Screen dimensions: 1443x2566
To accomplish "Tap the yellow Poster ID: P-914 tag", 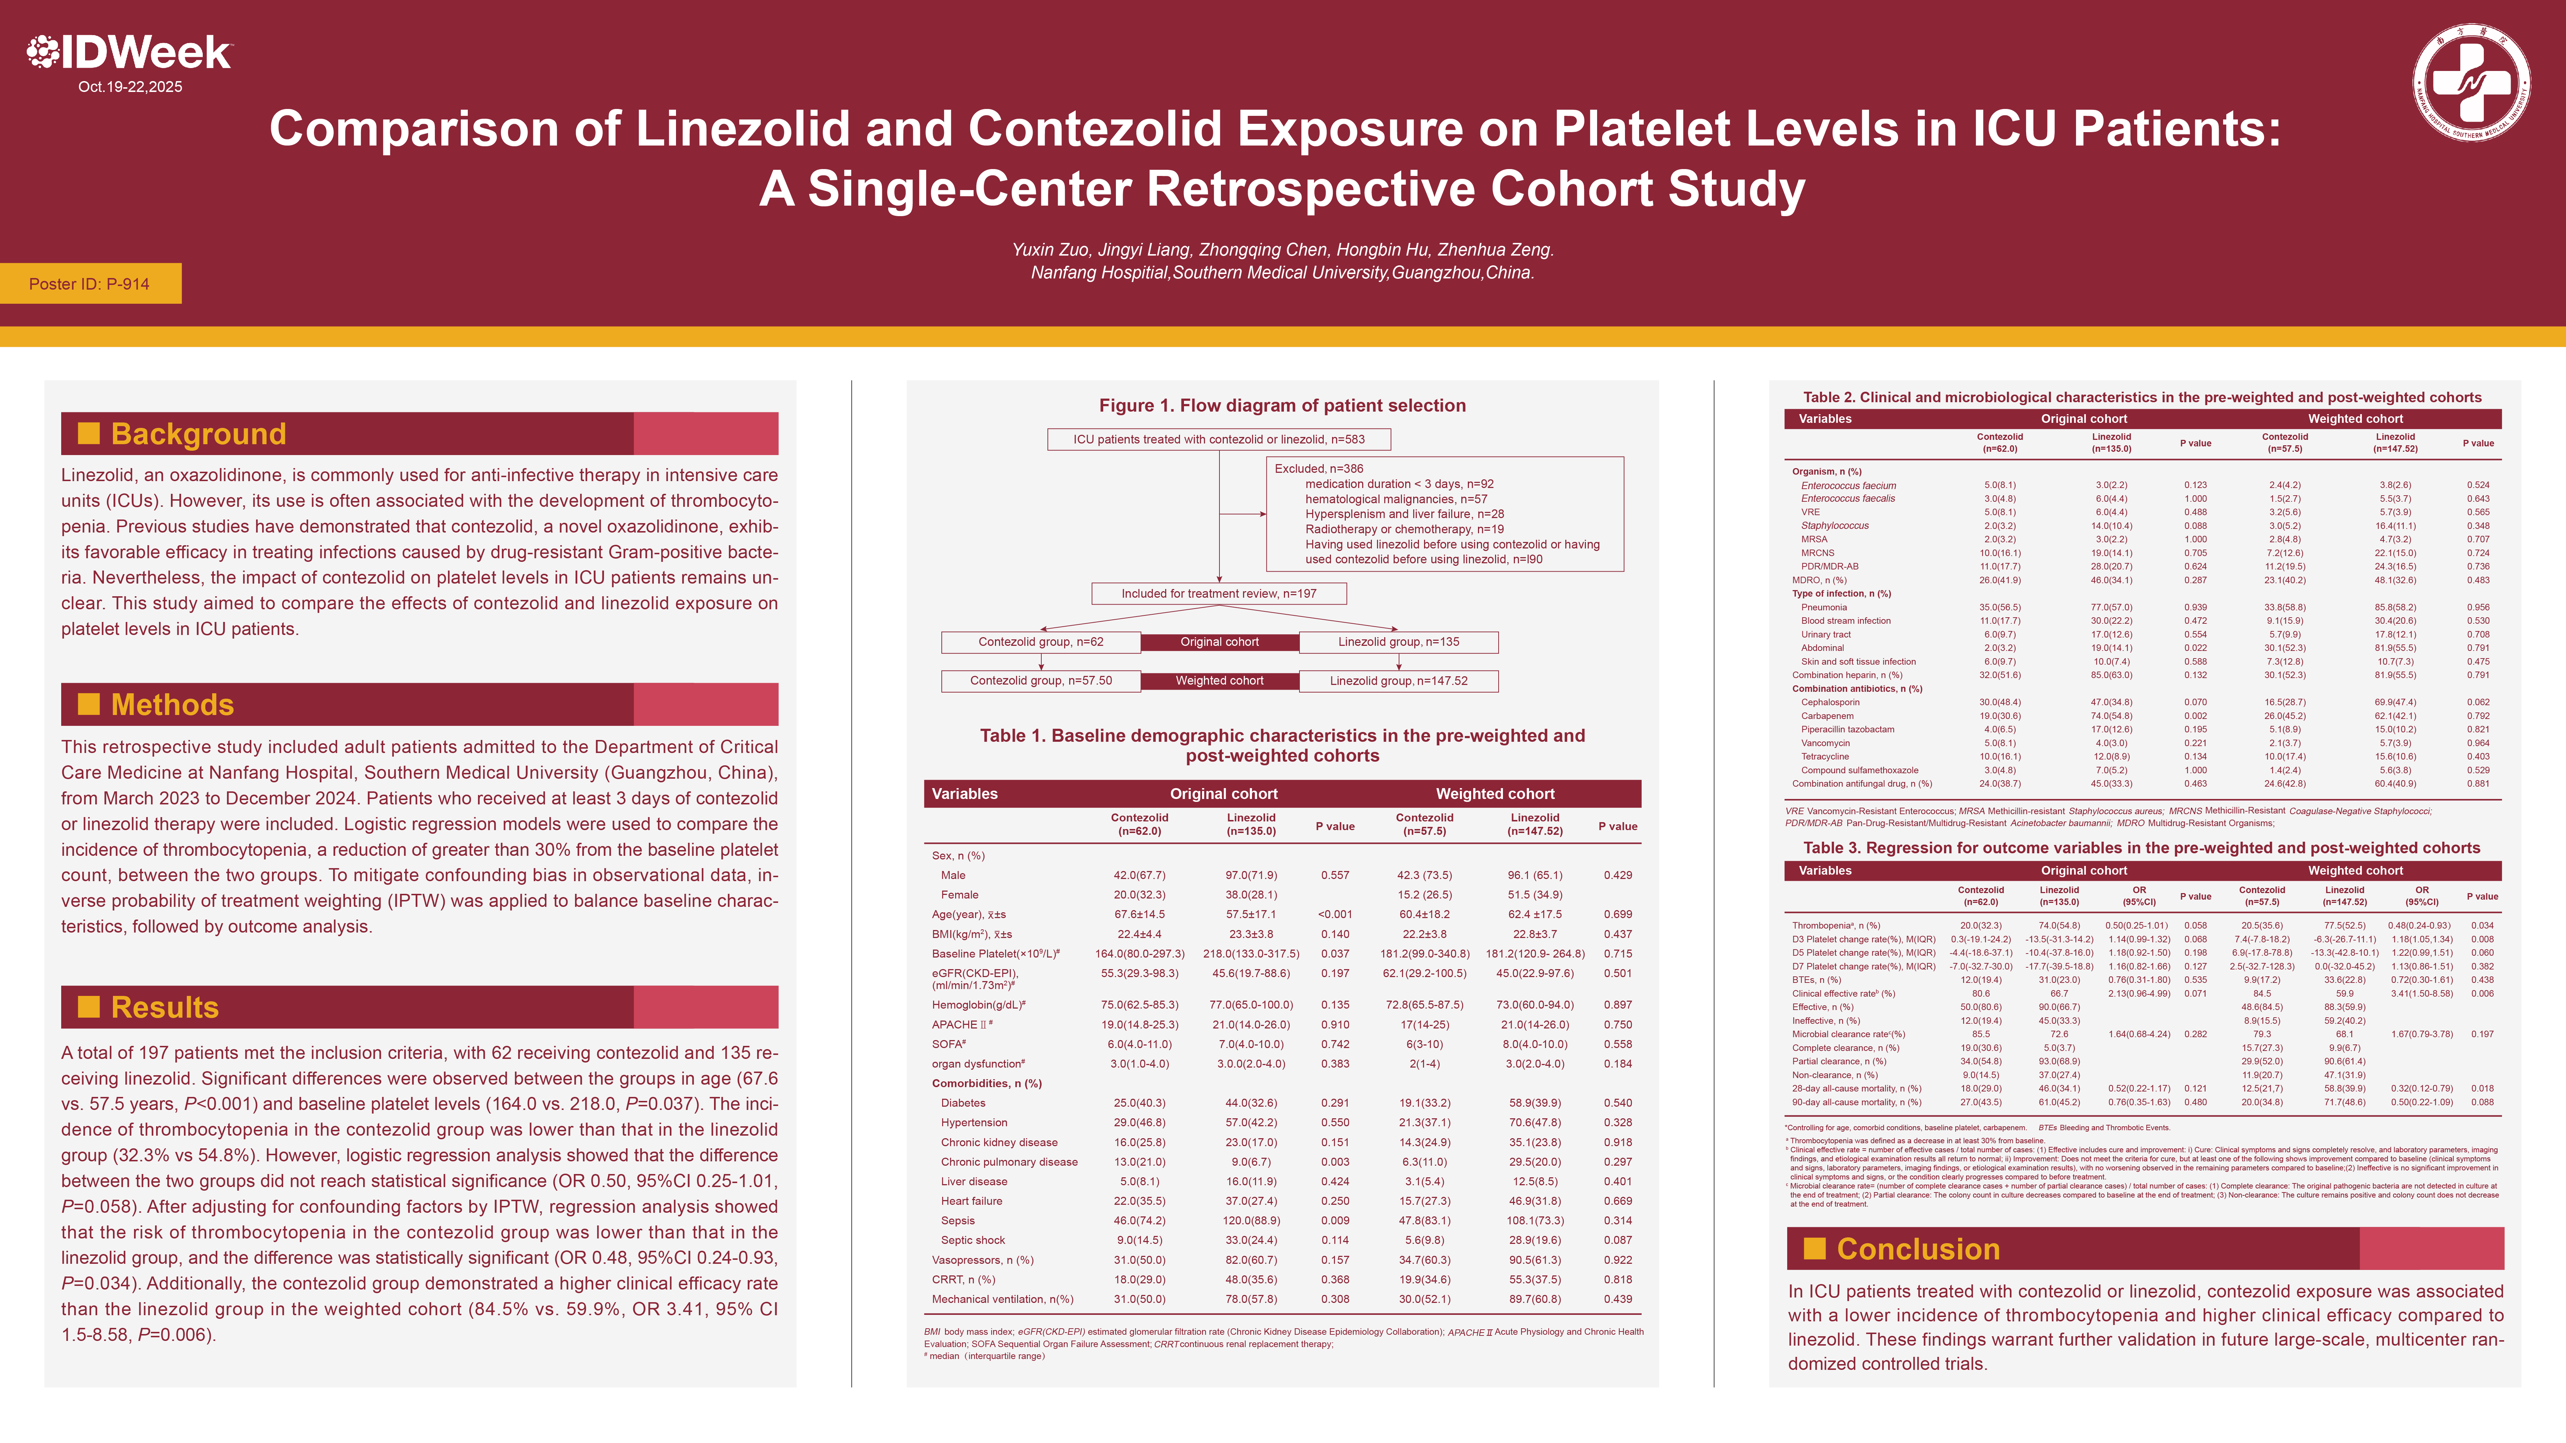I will pyautogui.click(x=90, y=284).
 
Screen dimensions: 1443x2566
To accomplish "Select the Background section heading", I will pyautogui.click(x=198, y=434).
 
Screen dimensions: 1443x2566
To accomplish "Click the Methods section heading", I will pyautogui.click(x=172, y=705).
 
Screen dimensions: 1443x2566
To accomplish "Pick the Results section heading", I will pyautogui.click(x=164, y=1008).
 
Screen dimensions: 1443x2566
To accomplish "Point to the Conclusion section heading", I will pyautogui.click(x=1918, y=1249).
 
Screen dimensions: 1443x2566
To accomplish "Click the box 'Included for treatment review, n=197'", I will pyautogui.click(x=1218, y=594).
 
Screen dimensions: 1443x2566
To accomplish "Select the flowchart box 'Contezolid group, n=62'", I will pyautogui.click(x=1041, y=642).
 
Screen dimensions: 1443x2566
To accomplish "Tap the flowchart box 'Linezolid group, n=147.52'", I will pyautogui.click(x=1399, y=681).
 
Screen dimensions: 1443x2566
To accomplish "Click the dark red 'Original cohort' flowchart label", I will pyautogui.click(x=1219, y=642).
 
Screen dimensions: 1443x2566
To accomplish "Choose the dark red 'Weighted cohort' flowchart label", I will pyautogui.click(x=1219, y=681).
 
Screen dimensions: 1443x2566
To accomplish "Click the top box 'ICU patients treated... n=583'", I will pyautogui.click(x=1218, y=439).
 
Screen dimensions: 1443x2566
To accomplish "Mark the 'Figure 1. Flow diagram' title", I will pyautogui.click(x=1282, y=405).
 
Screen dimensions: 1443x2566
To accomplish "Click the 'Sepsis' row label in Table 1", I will pyautogui.click(x=957, y=1221).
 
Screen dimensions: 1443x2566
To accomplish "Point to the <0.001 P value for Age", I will pyautogui.click(x=1335, y=914).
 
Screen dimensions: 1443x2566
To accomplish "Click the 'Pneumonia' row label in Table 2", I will pyautogui.click(x=1824, y=607).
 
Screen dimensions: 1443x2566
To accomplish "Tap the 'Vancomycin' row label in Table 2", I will pyautogui.click(x=1825, y=743).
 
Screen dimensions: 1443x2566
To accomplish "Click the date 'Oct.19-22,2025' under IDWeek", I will pyautogui.click(x=130, y=87).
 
